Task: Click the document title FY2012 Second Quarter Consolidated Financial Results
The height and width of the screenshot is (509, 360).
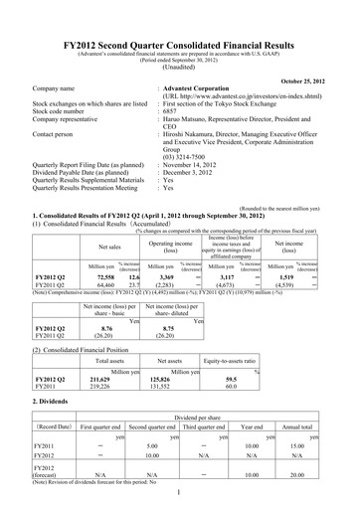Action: [179, 17]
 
